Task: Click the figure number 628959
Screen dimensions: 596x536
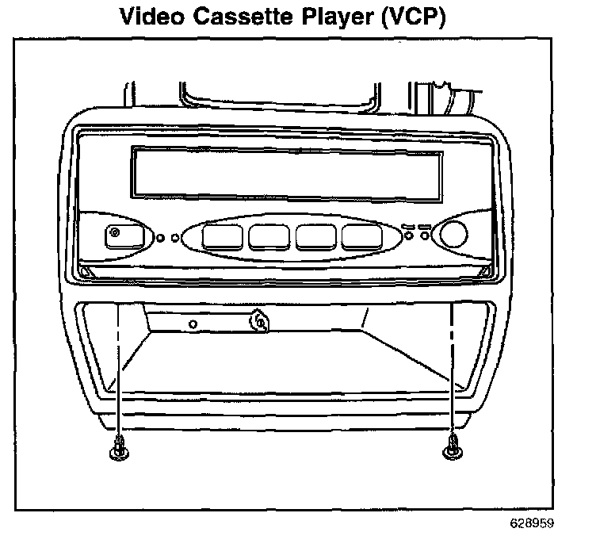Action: click(532, 523)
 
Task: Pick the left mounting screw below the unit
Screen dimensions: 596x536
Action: click(119, 449)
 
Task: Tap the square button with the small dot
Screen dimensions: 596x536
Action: click(124, 235)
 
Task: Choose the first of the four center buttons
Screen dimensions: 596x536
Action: click(220, 236)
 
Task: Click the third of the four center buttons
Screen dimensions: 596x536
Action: click(315, 236)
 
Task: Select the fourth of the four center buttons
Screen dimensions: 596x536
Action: click(362, 236)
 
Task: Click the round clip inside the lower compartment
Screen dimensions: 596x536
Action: click(258, 322)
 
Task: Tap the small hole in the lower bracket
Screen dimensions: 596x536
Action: click(193, 324)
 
